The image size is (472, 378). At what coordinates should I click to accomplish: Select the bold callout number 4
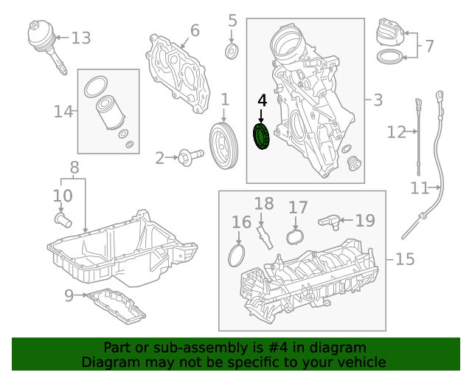pyautogui.click(x=263, y=100)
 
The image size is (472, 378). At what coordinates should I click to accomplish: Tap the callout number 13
pyautogui.click(x=81, y=38)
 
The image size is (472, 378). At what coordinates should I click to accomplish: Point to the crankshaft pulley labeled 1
pyautogui.click(x=223, y=145)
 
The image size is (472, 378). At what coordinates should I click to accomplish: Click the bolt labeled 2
pyautogui.click(x=190, y=157)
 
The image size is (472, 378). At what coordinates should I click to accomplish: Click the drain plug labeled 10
pyautogui.click(x=63, y=220)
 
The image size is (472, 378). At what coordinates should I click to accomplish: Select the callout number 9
pyautogui.click(x=69, y=296)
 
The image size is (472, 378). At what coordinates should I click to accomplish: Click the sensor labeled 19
pyautogui.click(x=329, y=222)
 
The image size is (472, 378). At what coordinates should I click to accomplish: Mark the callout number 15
pyautogui.click(x=405, y=259)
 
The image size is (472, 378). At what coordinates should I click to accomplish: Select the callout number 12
pyautogui.click(x=396, y=132)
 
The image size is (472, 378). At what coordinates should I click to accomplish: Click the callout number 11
pyautogui.click(x=420, y=188)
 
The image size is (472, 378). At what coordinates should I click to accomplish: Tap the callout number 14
pyautogui.click(x=63, y=111)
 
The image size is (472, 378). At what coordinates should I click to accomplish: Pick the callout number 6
pyautogui.click(x=195, y=30)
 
